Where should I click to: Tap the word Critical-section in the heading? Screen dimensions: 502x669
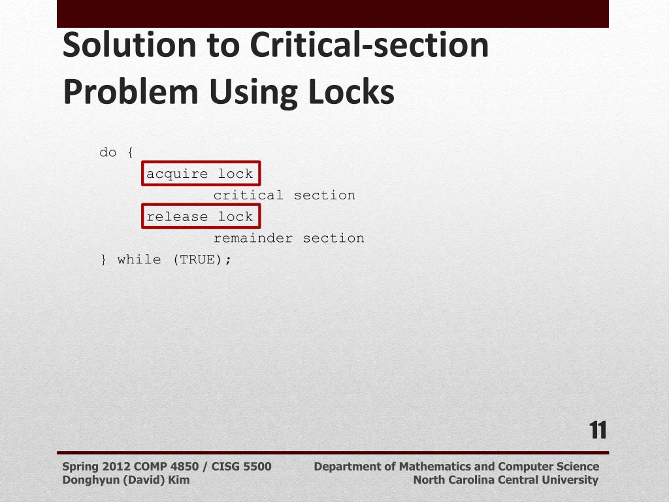point(369,45)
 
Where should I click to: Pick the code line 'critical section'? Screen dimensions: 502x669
point(284,195)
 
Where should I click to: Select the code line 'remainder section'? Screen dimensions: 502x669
point(289,239)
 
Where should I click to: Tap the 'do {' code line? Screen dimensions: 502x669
point(116,152)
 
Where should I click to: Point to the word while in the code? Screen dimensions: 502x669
point(139,259)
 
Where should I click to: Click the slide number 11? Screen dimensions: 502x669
point(598,431)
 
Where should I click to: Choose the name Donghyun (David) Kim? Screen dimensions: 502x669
point(126,480)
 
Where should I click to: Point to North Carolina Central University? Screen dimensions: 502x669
point(506,480)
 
